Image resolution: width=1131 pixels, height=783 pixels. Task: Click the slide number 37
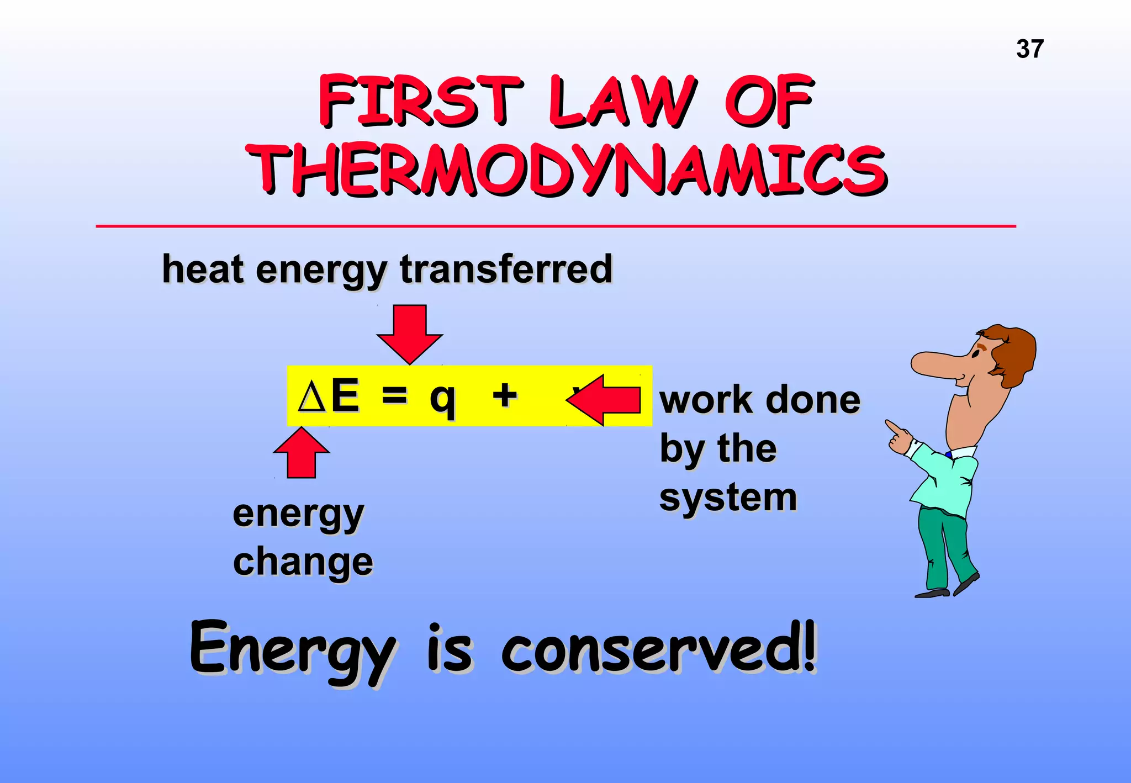click(x=1029, y=49)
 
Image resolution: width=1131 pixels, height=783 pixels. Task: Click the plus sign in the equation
click(x=505, y=395)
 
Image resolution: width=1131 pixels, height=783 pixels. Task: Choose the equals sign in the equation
click(x=394, y=395)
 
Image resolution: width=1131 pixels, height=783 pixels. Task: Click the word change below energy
click(x=303, y=562)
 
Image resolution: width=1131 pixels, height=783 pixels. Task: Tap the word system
click(x=728, y=498)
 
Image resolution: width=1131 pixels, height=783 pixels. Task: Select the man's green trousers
click(x=944, y=547)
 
